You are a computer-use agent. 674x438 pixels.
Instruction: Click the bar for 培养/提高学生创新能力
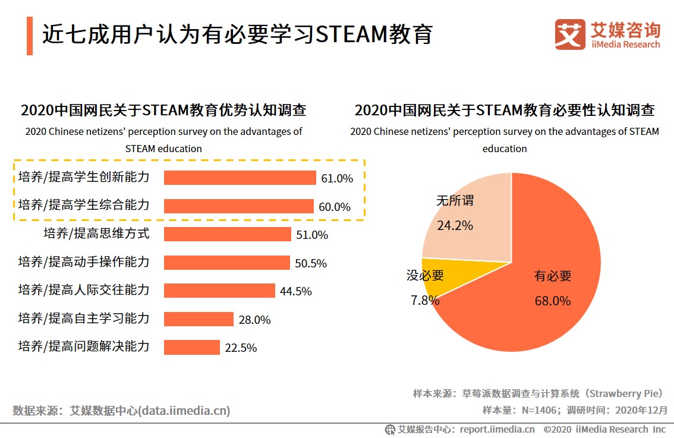pyautogui.click(x=240, y=178)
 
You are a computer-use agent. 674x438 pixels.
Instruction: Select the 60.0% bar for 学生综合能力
pyautogui.click(x=238, y=206)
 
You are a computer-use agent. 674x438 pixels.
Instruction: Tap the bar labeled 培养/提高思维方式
pyautogui.click(x=227, y=234)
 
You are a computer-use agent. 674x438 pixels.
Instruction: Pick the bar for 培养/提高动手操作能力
pyautogui.click(x=226, y=263)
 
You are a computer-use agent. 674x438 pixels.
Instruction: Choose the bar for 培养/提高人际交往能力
pyautogui.click(x=219, y=291)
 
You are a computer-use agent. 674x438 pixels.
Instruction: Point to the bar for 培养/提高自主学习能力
pyautogui.click(x=199, y=319)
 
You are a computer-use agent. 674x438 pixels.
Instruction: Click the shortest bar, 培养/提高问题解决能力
pyautogui.click(x=191, y=347)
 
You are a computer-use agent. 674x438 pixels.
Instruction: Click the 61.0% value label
pyautogui.click(x=337, y=178)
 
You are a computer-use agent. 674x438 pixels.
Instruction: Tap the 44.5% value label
pyautogui.click(x=296, y=291)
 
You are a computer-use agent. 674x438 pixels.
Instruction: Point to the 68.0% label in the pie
pyautogui.click(x=552, y=301)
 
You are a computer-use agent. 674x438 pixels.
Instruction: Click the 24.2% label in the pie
pyautogui.click(x=455, y=226)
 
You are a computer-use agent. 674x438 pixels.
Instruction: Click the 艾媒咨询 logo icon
pyautogui.click(x=569, y=34)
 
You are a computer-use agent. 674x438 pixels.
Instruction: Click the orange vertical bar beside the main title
pyautogui.click(x=30, y=36)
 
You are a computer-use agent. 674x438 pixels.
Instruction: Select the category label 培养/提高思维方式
pyautogui.click(x=96, y=234)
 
